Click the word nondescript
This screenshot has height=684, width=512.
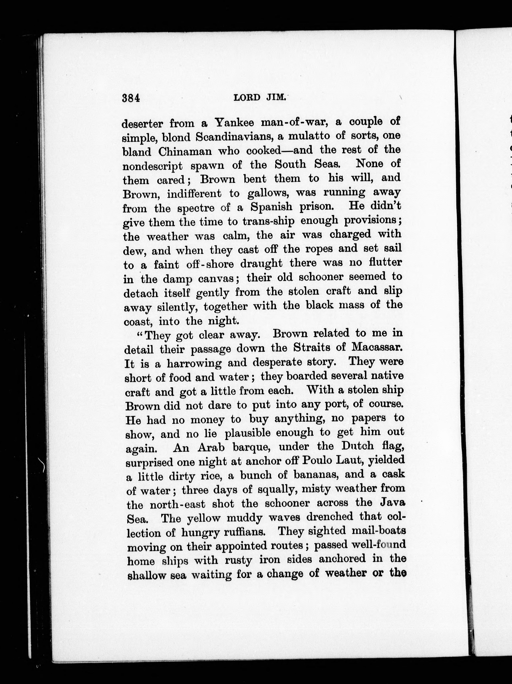pos(153,166)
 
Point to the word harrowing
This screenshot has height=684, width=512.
pos(194,363)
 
